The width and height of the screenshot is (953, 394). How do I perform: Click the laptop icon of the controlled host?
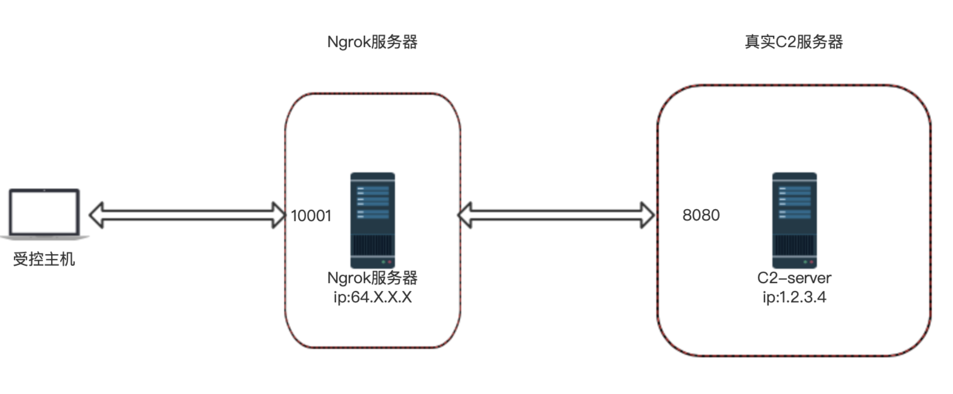click(44, 212)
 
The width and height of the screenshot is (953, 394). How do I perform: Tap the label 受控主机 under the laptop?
click(44, 259)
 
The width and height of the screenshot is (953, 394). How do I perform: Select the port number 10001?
click(311, 216)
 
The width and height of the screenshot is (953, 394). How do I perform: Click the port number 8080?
click(701, 215)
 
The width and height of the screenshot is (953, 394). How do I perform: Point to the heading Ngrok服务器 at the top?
click(372, 42)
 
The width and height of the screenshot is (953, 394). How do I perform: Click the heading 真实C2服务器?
click(794, 42)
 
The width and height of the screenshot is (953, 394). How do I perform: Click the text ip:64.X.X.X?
click(372, 297)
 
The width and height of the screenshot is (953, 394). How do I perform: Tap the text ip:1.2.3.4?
click(794, 297)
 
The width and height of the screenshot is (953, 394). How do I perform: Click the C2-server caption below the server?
click(794, 278)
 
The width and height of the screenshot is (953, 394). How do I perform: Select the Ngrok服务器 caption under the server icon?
click(372, 278)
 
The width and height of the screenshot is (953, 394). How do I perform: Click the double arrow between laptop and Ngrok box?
click(187, 215)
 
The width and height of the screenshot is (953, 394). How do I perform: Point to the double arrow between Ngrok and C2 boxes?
click(556, 215)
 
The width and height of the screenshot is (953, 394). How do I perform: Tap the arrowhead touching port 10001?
click(279, 215)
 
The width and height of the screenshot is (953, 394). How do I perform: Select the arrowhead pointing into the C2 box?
click(647, 215)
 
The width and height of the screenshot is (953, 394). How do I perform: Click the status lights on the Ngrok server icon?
click(386, 262)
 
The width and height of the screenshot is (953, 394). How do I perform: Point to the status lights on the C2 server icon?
click(808, 262)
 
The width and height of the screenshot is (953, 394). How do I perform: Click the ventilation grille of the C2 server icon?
click(794, 245)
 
